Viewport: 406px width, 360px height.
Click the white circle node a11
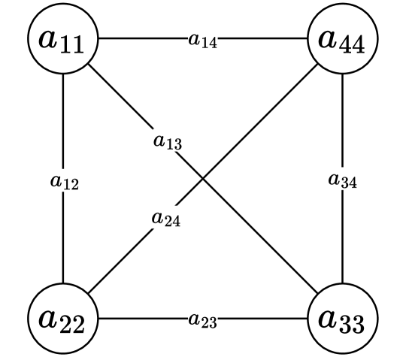point(63,39)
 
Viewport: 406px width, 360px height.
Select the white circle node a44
point(342,39)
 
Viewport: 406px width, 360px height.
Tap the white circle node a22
point(63,319)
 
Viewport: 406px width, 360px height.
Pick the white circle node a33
point(342,319)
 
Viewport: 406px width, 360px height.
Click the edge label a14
point(203,40)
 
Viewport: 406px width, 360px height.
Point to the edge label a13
point(168,140)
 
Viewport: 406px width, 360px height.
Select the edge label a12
point(65,180)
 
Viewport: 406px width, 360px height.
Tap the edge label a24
point(166,218)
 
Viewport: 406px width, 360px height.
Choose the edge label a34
point(343,180)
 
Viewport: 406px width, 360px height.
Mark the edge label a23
point(203,319)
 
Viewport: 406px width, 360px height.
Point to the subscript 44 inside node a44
point(352,45)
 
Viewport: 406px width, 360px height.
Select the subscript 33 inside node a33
point(352,325)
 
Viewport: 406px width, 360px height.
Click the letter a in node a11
point(50,38)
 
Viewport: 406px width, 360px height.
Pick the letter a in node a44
point(328,38)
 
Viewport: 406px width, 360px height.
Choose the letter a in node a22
point(50,318)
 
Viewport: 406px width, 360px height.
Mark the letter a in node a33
point(328,318)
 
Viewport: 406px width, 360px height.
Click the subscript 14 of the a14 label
point(208,43)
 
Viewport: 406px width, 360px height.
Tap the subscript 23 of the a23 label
point(208,322)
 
